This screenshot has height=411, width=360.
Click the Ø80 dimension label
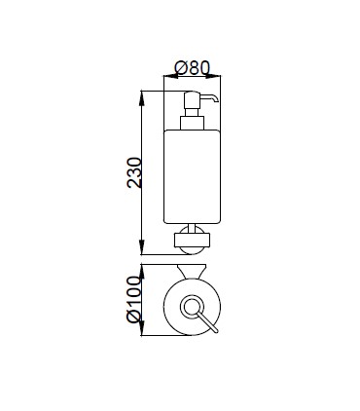click(x=193, y=68)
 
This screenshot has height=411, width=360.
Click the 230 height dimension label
click(x=134, y=172)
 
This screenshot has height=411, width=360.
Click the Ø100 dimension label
click(x=134, y=299)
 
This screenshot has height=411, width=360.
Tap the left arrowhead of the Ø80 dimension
click(x=171, y=76)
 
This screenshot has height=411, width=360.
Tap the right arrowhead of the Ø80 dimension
click(x=213, y=76)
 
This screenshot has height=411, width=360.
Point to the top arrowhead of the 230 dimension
click(x=142, y=98)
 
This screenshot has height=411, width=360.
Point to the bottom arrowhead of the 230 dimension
click(x=142, y=247)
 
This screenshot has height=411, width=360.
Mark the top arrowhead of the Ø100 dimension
click(x=142, y=272)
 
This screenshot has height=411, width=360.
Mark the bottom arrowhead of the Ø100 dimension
click(x=142, y=328)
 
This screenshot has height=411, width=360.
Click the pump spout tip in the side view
click(x=216, y=100)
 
